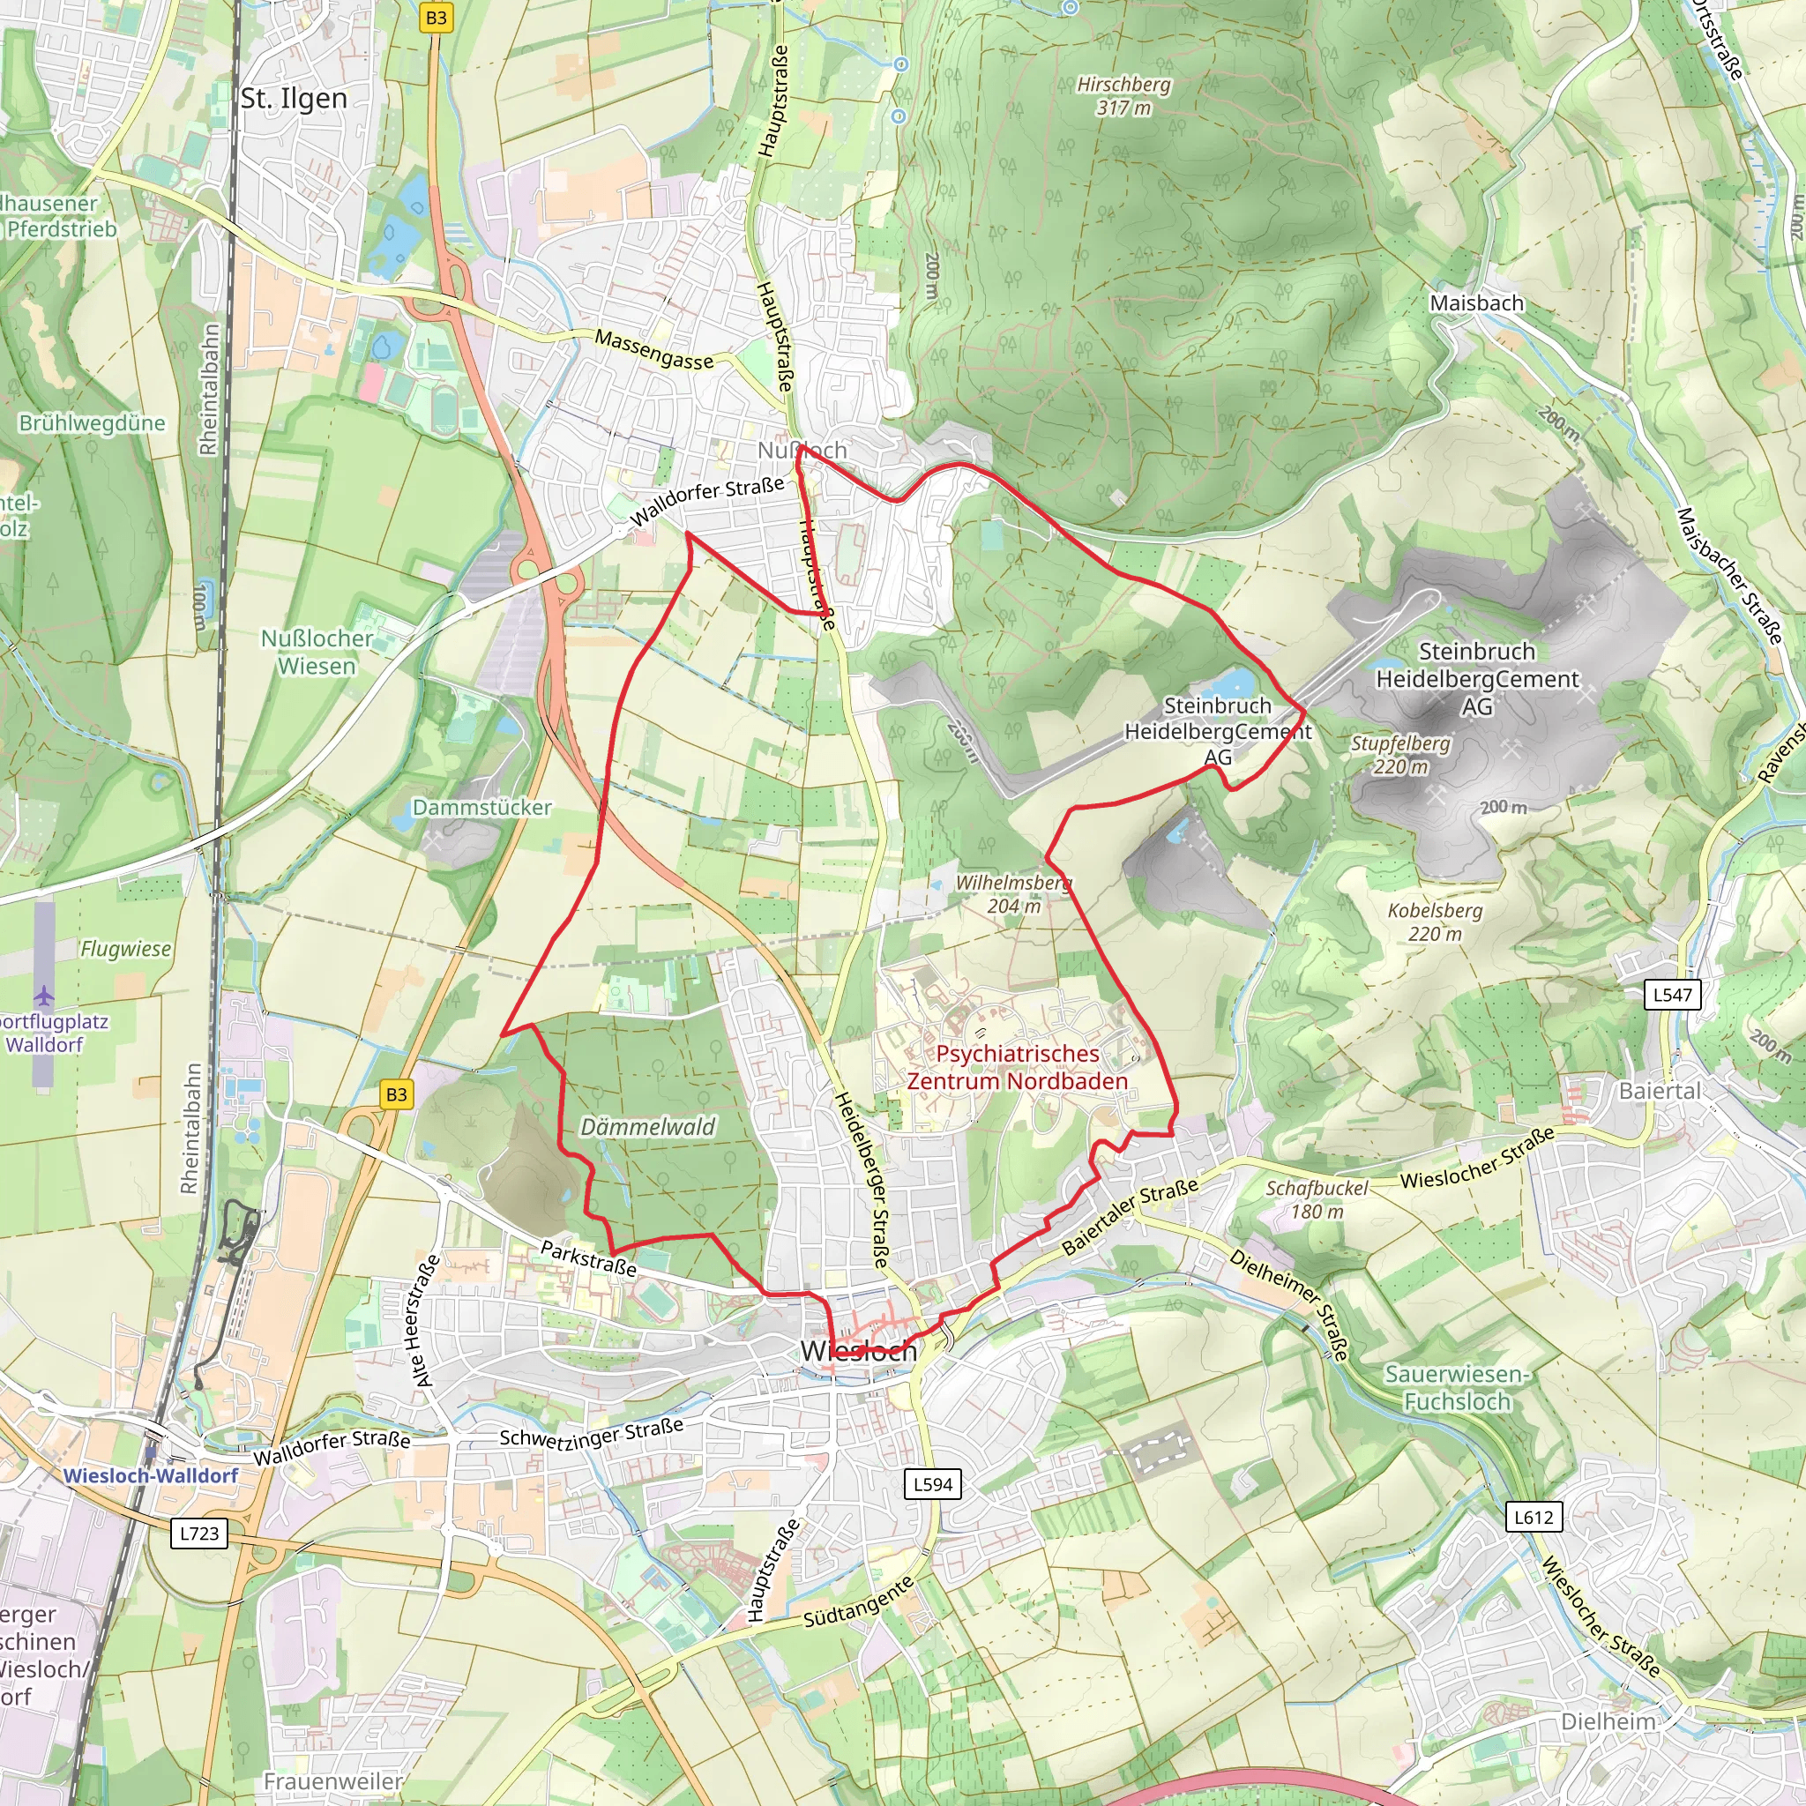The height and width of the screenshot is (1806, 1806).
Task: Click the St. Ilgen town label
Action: [294, 98]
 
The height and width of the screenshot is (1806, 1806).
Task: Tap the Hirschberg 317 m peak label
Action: [1123, 96]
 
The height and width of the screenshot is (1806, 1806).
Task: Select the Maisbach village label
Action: [1476, 302]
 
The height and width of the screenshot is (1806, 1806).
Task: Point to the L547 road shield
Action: [1672, 995]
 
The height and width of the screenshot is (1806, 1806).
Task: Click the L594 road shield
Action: [933, 1483]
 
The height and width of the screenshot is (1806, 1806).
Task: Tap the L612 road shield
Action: [1533, 1517]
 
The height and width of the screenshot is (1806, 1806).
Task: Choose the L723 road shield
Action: [199, 1533]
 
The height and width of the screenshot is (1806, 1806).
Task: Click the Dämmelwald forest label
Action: [648, 1127]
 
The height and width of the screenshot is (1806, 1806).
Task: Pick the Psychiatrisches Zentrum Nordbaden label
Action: [1017, 1068]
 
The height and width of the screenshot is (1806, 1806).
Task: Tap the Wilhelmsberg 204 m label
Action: [1013, 893]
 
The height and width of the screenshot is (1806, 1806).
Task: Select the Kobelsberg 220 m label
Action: [1435, 922]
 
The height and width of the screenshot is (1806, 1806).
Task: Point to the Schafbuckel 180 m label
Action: [1317, 1199]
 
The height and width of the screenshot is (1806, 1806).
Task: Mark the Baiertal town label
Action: [1660, 1091]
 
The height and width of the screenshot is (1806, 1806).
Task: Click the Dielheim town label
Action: [1608, 1722]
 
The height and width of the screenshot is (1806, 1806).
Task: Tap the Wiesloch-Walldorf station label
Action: [151, 1476]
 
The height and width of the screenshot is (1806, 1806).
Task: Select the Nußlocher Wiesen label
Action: [317, 653]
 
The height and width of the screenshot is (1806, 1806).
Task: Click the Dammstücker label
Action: [481, 808]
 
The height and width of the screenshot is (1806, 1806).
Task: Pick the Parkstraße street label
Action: [589, 1258]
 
